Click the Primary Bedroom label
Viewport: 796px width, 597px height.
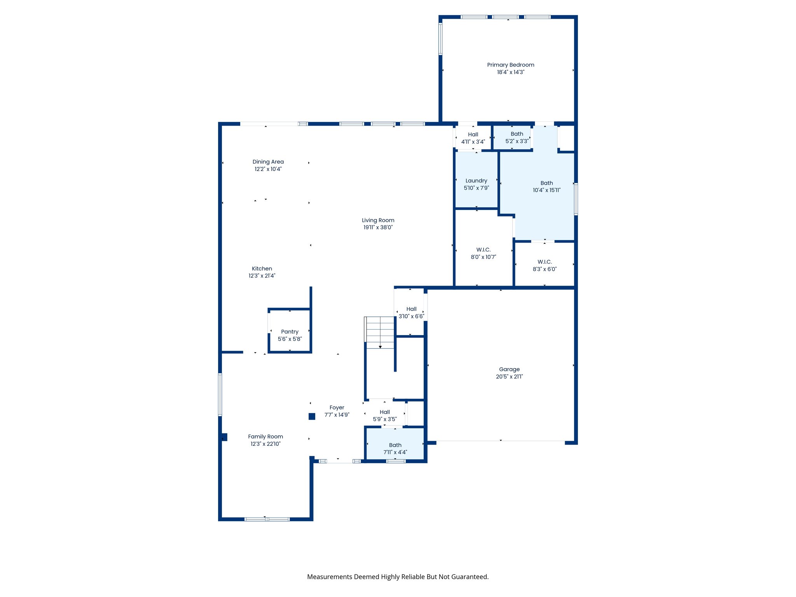[510, 65]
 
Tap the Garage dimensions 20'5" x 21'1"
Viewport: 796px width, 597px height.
[509, 377]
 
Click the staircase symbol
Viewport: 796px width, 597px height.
[380, 332]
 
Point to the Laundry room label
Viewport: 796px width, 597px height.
[476, 181]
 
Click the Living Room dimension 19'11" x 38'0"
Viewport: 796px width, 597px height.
[378, 227]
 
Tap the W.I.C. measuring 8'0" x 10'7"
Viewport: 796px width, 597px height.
[483, 253]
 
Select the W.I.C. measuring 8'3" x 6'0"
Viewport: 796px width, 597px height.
[545, 265]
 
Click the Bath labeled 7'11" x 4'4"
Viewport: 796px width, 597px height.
[395, 449]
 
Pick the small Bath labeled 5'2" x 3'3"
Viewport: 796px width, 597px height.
[517, 138]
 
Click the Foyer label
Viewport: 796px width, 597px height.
[337, 408]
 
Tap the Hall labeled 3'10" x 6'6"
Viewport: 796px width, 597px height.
[411, 312]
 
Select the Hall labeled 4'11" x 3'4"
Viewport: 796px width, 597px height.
[473, 138]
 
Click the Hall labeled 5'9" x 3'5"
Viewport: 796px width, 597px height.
[385, 415]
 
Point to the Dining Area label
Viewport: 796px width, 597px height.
[268, 162]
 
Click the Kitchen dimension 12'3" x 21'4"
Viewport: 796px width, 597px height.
[262, 276]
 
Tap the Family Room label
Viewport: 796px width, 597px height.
[265, 437]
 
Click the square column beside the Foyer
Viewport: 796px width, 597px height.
[312, 417]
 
